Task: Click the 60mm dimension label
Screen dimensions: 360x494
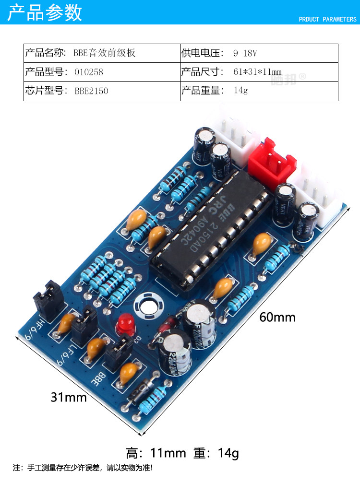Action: pos(277,318)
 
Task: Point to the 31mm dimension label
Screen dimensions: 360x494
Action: pos(69,398)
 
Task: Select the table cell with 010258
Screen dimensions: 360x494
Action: pos(89,72)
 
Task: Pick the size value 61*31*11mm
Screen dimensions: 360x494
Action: pos(257,72)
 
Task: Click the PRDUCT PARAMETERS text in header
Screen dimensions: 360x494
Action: pos(328,20)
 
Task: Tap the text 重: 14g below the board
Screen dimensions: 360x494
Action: pos(216,453)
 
